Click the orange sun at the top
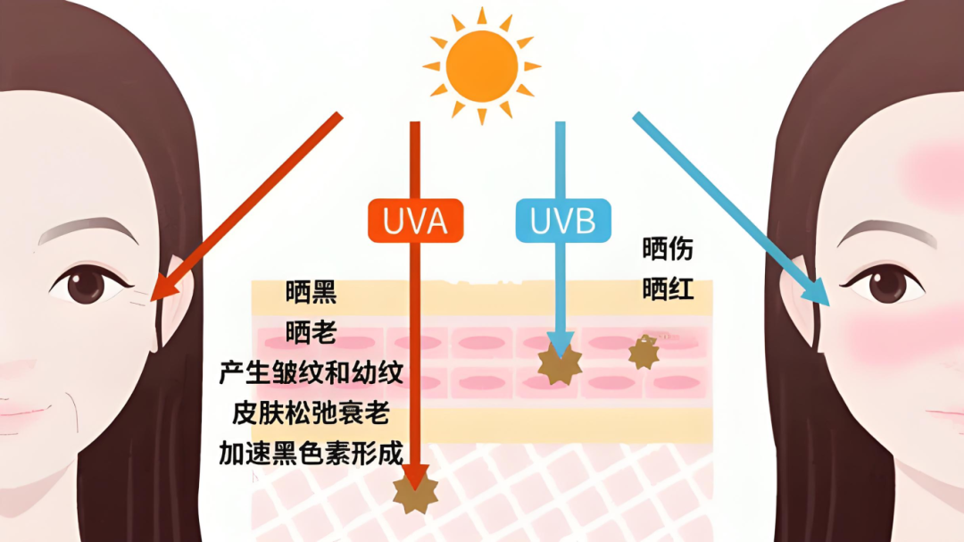tap(482, 65)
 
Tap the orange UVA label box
tap(416, 221)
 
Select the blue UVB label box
tap(562, 221)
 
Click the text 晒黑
tap(311, 292)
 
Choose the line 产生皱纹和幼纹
tap(311, 372)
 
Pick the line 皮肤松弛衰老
tap(311, 413)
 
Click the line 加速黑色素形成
tap(311, 453)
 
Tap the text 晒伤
tap(668, 249)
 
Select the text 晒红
tap(668, 289)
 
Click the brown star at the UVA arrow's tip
tap(415, 494)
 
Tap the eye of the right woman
tap(885, 286)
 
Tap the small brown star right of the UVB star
tap(644, 353)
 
